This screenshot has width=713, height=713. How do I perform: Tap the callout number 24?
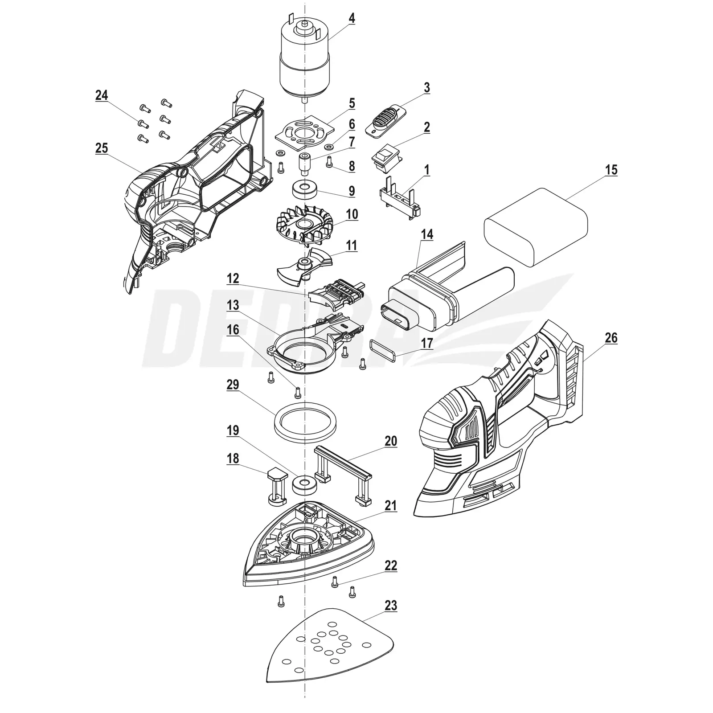[x=102, y=95]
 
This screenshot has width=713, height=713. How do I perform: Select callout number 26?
[x=611, y=338]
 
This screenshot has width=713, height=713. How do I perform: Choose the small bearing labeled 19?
[x=305, y=484]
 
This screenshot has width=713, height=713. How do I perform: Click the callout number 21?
[x=391, y=506]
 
